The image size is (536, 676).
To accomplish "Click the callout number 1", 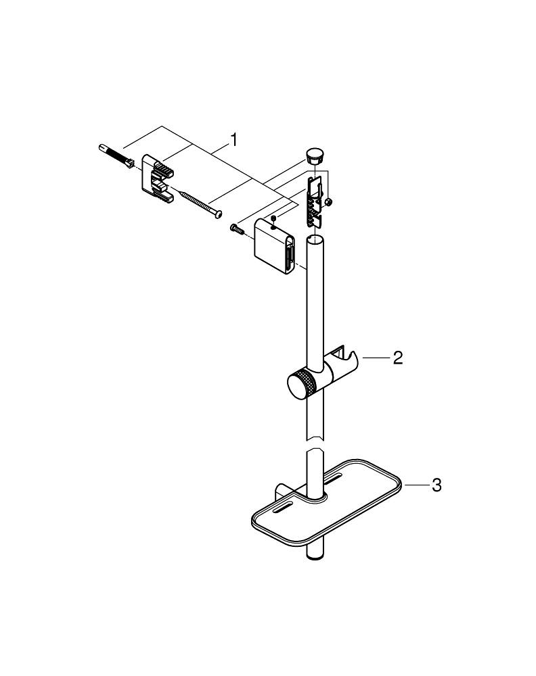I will (x=233, y=140).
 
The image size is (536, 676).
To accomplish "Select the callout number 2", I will (x=398, y=358).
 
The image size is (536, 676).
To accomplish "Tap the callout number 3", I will (x=437, y=485).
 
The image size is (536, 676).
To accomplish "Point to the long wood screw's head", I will (x=216, y=215).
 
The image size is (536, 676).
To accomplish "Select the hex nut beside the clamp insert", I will (x=328, y=201).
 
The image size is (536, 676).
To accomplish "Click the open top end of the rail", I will (x=317, y=241).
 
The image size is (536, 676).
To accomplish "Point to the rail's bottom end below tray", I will (x=315, y=556).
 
